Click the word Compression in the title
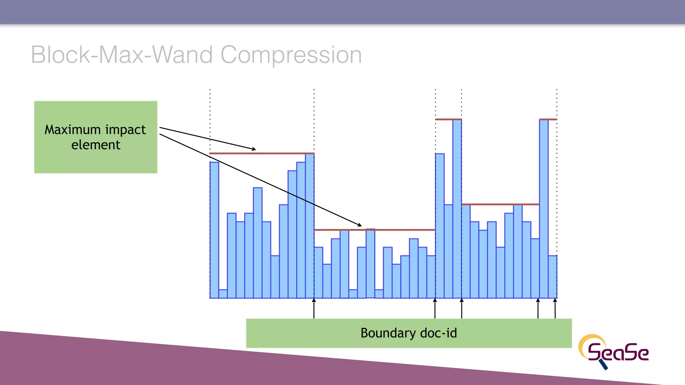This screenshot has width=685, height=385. [291, 55]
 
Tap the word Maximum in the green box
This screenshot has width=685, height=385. [73, 130]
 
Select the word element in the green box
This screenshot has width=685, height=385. [96, 145]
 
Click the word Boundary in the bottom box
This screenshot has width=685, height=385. [388, 333]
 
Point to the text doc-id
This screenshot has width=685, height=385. [438, 333]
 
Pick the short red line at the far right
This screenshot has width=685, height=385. [548, 119]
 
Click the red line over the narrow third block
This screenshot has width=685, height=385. [448, 119]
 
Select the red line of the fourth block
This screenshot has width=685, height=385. [500, 204]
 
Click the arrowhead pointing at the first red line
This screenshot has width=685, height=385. [254, 149]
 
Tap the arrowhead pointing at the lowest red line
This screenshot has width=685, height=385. [360, 225]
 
